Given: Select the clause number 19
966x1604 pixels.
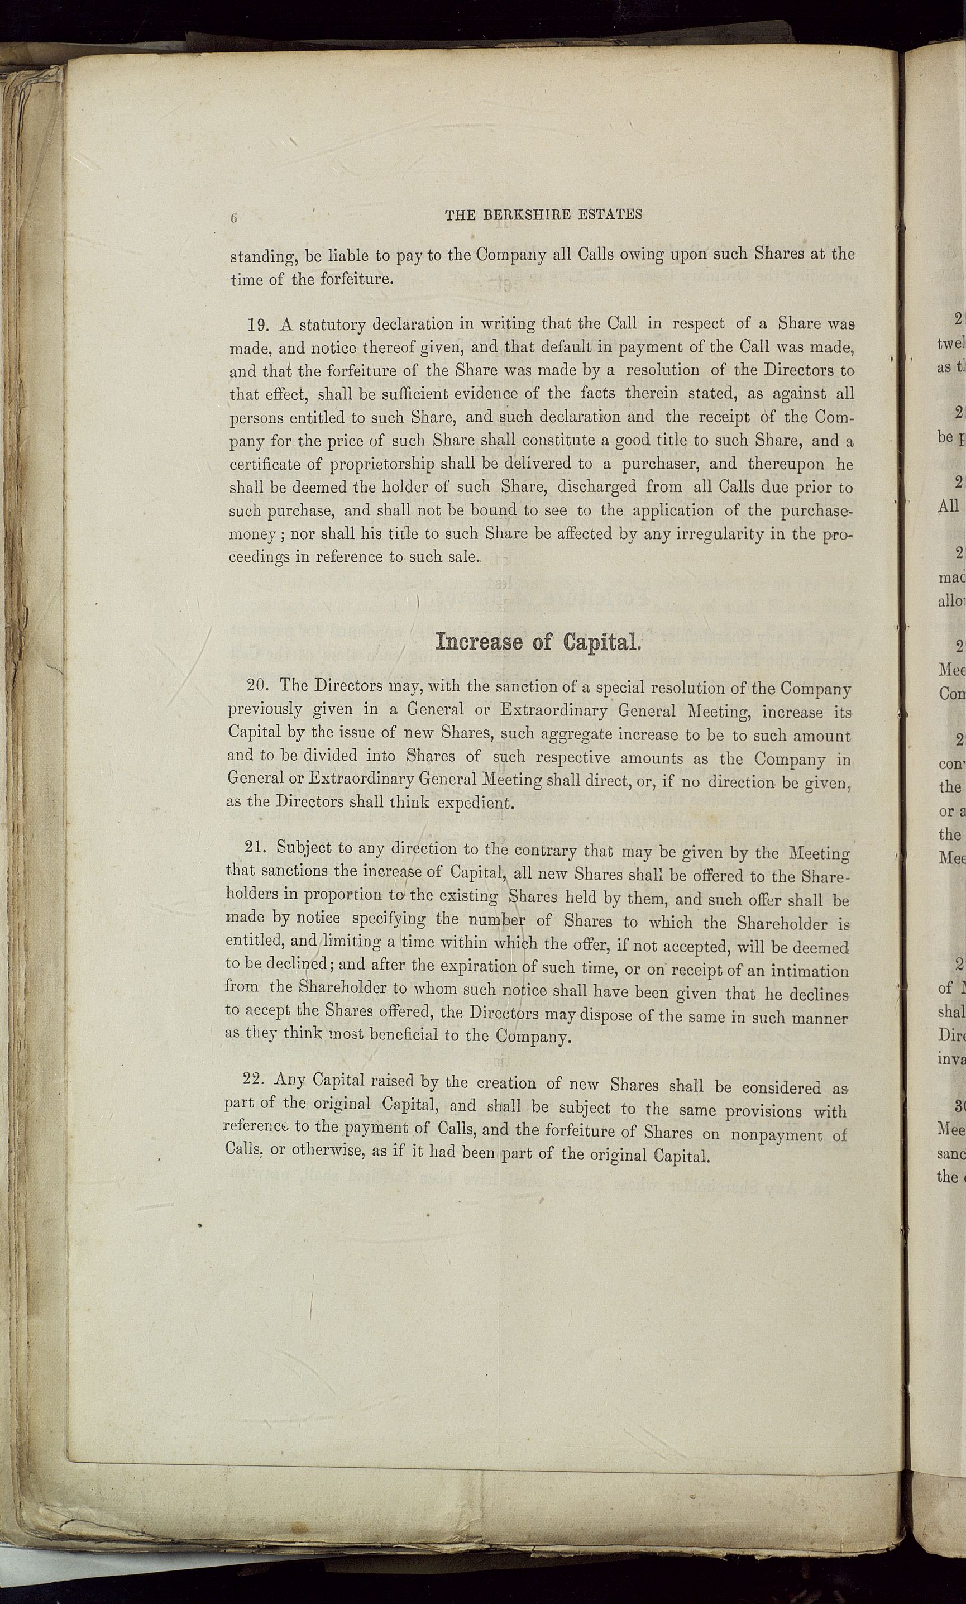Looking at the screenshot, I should (x=259, y=324).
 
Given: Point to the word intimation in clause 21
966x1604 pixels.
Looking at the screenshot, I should (x=810, y=971).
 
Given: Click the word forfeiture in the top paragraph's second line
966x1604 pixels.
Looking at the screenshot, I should (x=357, y=280).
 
